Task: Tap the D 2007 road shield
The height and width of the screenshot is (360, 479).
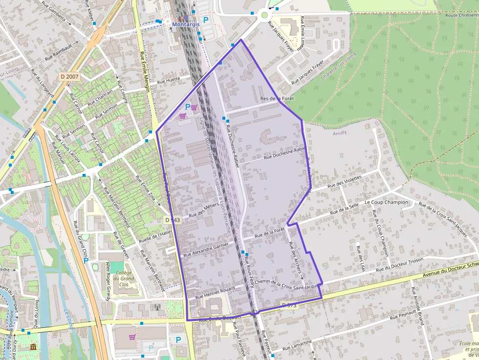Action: tap(69, 77)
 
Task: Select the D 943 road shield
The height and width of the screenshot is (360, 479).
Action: tap(173, 220)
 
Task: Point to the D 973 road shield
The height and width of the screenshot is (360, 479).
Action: tap(289, 306)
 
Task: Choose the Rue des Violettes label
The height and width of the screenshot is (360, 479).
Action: tap(345, 182)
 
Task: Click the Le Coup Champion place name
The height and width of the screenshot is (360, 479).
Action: tap(386, 202)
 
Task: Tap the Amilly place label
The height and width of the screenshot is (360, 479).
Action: tap(339, 133)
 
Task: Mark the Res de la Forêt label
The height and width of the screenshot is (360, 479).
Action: tap(277, 99)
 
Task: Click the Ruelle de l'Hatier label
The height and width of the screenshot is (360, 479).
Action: tap(155, 236)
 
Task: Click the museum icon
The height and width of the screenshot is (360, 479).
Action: tap(33, 347)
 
